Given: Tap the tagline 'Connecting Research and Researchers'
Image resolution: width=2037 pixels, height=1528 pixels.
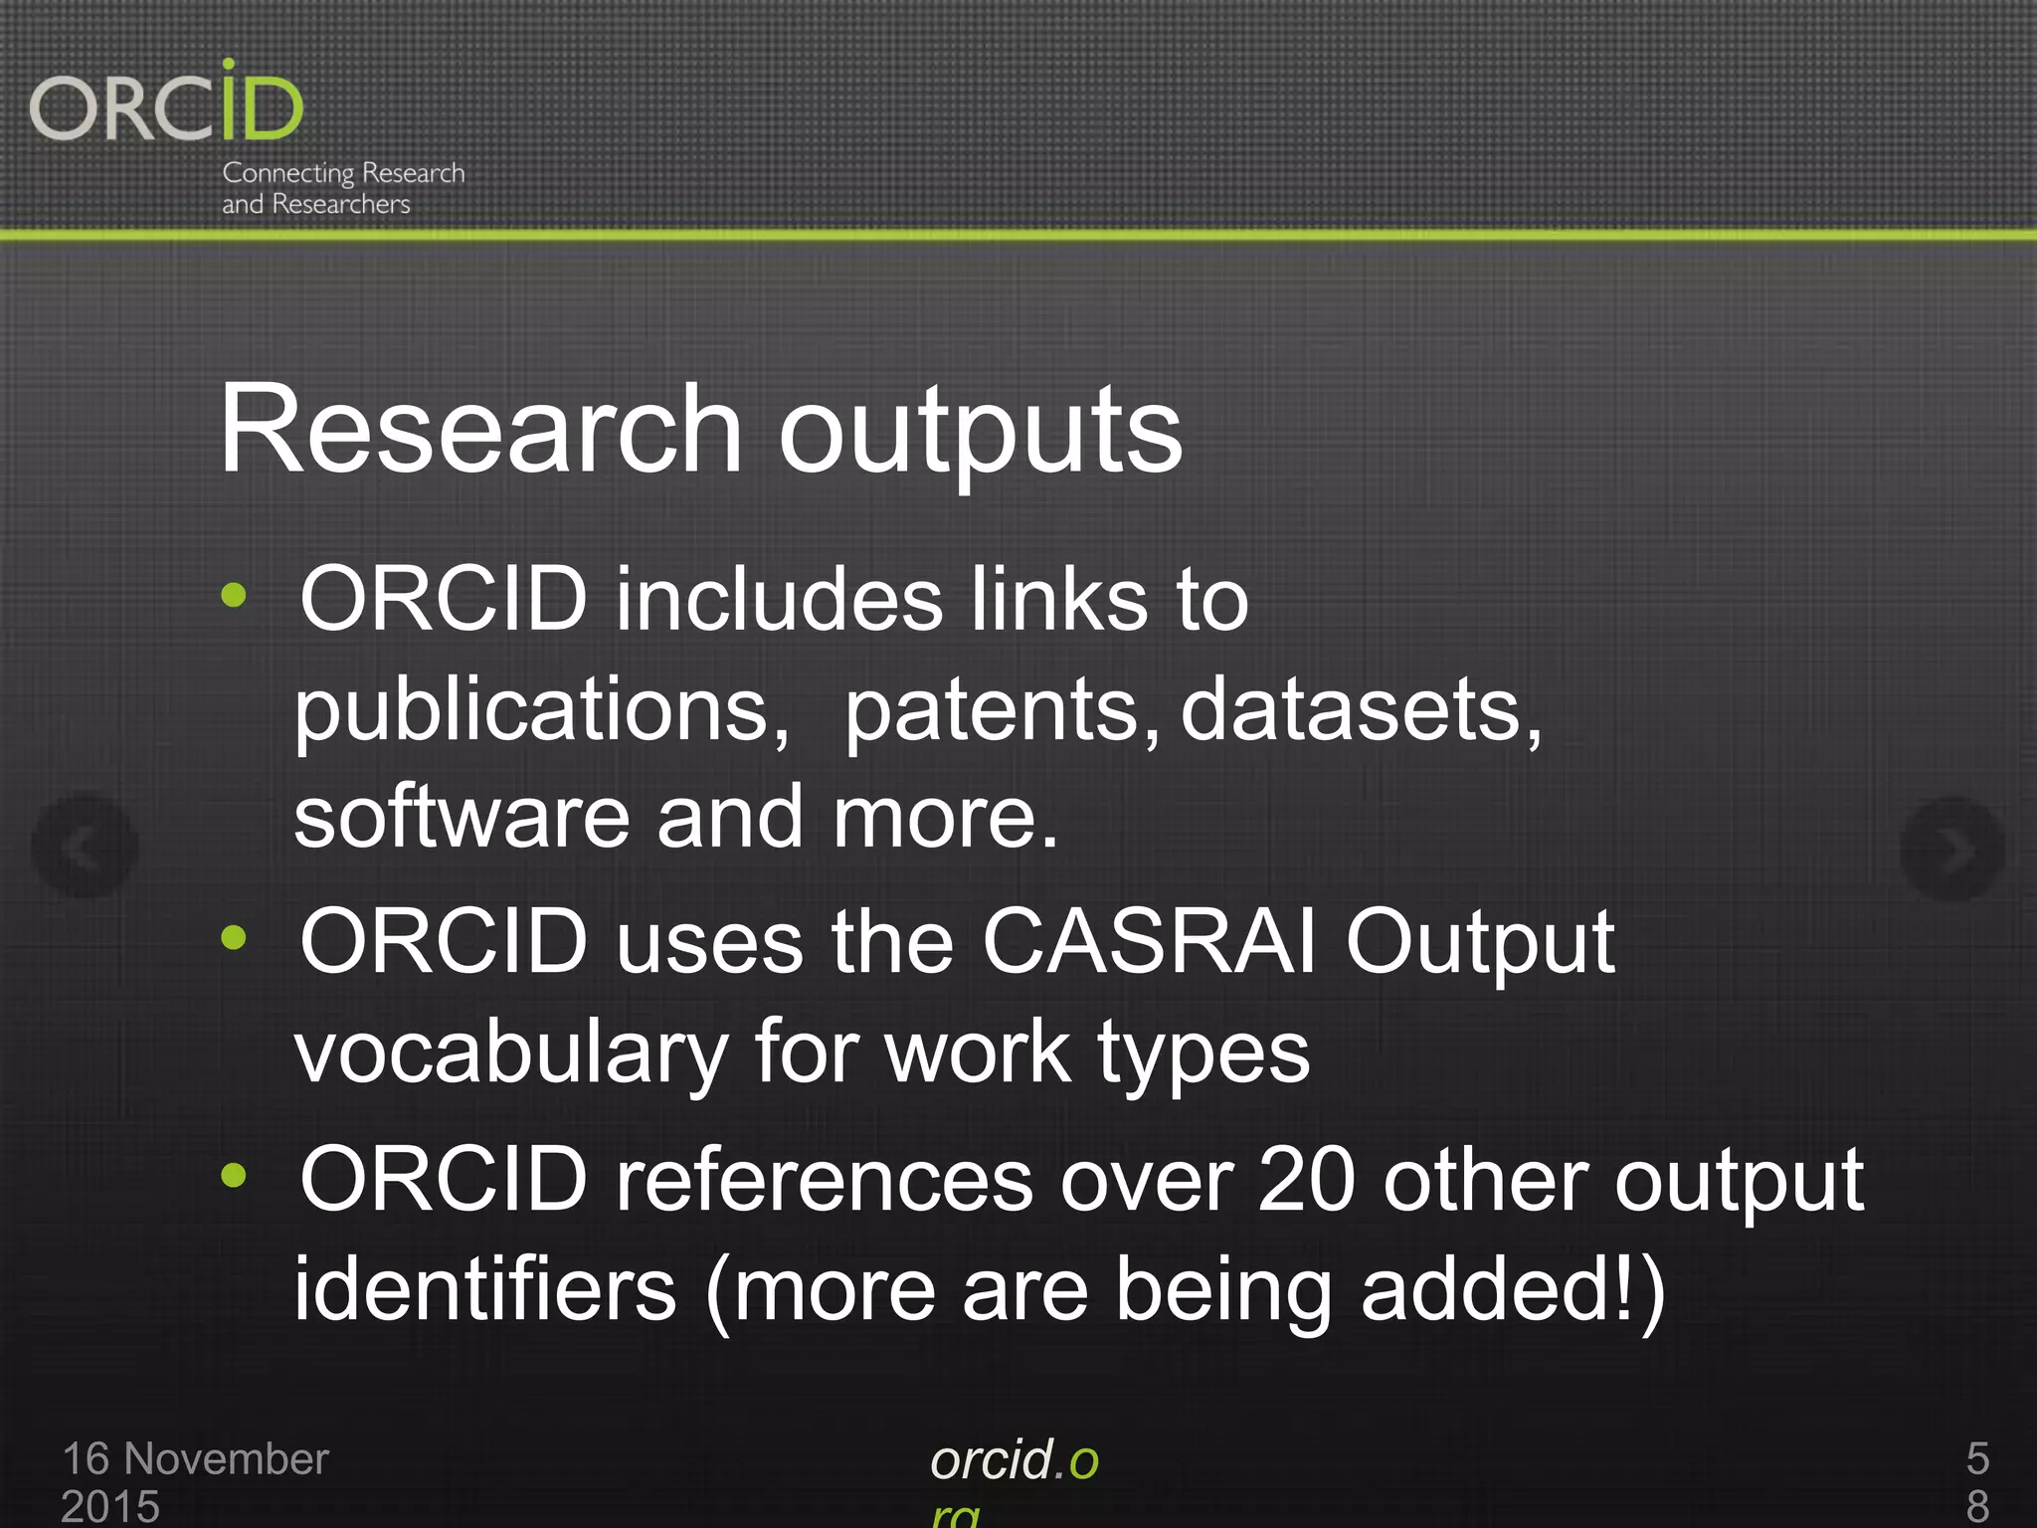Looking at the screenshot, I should coord(342,188).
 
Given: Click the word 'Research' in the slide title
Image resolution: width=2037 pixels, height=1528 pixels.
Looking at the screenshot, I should coord(480,430).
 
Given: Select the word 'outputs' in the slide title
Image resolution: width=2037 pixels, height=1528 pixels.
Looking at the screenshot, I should coord(980,434).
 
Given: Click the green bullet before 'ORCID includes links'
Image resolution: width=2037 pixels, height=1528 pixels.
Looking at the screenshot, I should coord(234,596).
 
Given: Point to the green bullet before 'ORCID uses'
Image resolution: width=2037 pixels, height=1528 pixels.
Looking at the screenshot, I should coord(234,937).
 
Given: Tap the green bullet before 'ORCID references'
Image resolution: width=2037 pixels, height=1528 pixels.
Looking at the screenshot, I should coord(234,1176).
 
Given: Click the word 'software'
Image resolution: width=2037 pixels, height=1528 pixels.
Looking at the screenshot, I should coord(463,817).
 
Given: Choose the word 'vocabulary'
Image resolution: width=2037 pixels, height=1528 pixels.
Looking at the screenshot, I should coord(511,1053).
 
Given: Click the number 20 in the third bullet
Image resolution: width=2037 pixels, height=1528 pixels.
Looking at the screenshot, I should coord(1307,1181).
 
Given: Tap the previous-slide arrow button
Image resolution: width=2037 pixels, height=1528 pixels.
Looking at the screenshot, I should coord(85,847).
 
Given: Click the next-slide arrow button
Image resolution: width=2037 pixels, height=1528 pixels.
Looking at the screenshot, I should coord(1951,849).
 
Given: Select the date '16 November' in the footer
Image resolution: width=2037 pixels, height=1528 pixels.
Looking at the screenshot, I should coord(195,1459).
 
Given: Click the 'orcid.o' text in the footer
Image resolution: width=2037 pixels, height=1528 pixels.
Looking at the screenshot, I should coord(1014,1460).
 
